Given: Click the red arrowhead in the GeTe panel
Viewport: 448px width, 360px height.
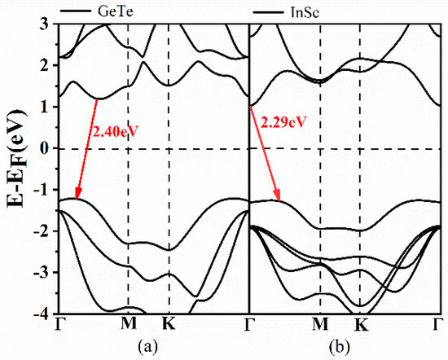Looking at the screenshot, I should pyautogui.click(x=77, y=195).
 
